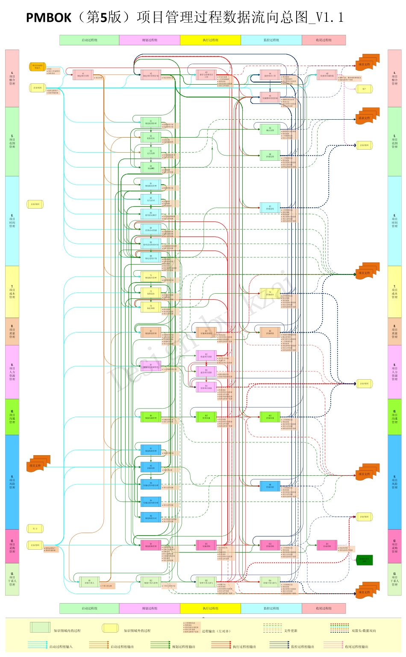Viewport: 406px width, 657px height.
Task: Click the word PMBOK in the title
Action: coord(48,18)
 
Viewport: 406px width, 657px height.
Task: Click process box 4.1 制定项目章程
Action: coord(83,75)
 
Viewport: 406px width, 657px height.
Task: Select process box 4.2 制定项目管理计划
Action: coord(151,75)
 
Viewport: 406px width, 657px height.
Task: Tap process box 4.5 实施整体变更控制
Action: coord(270,97)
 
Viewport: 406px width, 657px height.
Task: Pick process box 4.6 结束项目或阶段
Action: coord(327,75)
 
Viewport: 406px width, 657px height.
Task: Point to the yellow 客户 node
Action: coord(364,89)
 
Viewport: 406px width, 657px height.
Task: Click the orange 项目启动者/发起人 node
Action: coord(37,67)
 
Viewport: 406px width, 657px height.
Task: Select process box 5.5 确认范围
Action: coord(270,129)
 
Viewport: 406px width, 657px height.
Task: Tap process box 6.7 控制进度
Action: coord(270,208)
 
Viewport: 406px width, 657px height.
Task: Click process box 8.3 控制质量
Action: coord(270,332)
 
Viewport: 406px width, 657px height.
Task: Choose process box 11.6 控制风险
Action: coord(270,486)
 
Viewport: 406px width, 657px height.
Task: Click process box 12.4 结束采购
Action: coord(327,545)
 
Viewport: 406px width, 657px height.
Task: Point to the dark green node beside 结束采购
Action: coord(364,560)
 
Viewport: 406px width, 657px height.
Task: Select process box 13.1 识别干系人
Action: coord(89,582)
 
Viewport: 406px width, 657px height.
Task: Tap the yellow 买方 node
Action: coord(35,529)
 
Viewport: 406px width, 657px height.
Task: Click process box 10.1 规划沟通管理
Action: coord(151,417)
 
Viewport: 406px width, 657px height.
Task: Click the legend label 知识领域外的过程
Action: coord(137,630)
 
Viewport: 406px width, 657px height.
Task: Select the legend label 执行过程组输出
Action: coord(244,647)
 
